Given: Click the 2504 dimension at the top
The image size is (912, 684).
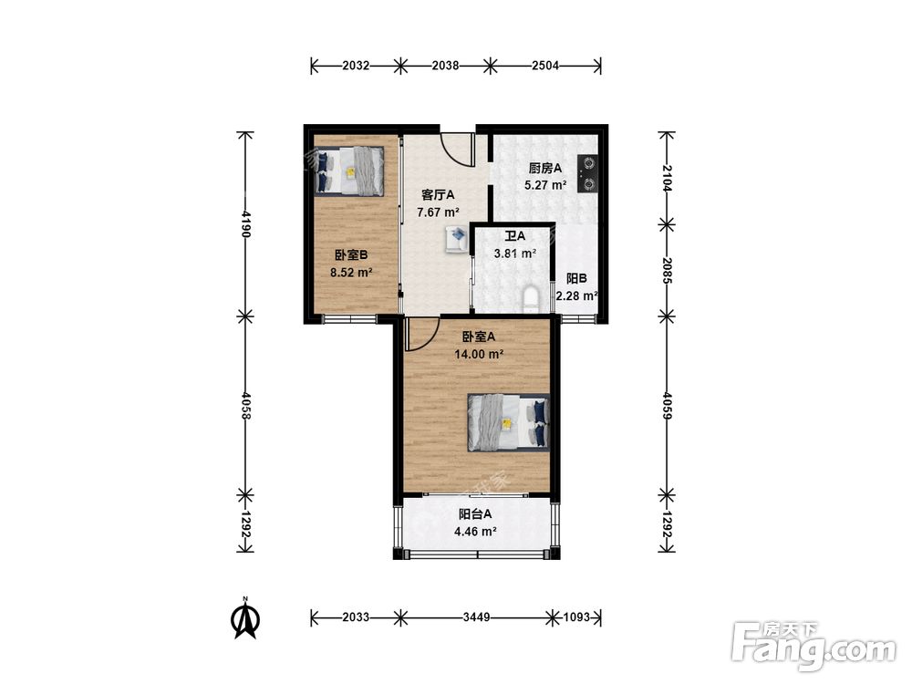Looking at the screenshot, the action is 545,66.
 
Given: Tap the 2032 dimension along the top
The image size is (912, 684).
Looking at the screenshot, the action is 356,66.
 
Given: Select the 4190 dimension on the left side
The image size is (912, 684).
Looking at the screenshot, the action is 246,224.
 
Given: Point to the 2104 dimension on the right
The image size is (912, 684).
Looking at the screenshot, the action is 668,178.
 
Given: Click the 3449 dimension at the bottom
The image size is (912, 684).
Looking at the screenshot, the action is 476,617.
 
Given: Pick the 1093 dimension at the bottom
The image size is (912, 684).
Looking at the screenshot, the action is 576,617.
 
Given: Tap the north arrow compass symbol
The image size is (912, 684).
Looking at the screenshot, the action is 245,617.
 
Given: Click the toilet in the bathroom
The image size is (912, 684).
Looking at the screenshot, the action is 532,297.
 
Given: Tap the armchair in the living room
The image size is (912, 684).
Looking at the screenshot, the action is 457,238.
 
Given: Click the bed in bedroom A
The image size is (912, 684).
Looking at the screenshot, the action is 509,423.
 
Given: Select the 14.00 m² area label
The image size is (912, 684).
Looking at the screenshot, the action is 479,354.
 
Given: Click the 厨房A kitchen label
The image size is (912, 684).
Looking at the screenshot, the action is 545,169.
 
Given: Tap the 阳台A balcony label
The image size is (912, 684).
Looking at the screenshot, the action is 475,514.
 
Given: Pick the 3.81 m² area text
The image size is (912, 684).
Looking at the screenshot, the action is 514,254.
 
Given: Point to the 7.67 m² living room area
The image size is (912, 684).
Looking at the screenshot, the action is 439,212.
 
